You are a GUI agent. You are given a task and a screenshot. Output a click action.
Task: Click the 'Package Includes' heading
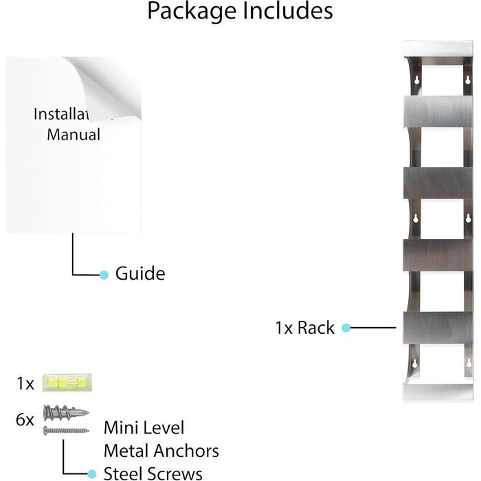click(x=240, y=12)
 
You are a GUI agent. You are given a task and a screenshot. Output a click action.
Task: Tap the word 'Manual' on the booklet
click(x=74, y=134)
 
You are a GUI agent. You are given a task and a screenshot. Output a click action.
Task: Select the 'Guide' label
click(x=140, y=273)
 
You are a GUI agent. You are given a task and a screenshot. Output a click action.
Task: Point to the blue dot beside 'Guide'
click(x=104, y=274)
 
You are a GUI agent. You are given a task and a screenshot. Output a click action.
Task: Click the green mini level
click(x=67, y=382)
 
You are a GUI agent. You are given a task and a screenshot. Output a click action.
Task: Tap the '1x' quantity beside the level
click(x=25, y=383)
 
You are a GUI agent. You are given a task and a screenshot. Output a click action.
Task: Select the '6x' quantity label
click(x=25, y=419)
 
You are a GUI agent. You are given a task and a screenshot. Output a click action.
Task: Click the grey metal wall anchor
click(x=66, y=415)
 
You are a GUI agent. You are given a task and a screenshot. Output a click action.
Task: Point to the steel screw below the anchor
click(x=66, y=431)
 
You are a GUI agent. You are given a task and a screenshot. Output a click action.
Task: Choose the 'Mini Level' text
click(x=144, y=428)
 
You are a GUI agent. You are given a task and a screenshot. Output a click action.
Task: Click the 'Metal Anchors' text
click(x=161, y=451)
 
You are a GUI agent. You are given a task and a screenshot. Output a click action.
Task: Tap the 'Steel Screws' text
click(x=153, y=473)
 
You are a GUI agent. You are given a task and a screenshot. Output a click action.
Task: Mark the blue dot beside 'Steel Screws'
click(x=91, y=473)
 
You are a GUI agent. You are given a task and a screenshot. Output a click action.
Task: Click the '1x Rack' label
click(x=305, y=328)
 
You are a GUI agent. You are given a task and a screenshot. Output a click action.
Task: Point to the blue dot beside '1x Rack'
click(x=346, y=328)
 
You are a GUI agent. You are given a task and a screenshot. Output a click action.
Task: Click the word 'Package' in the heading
click(x=187, y=12)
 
